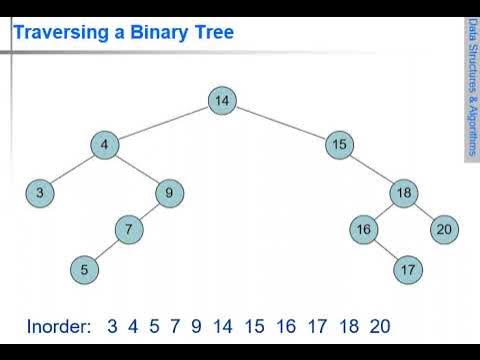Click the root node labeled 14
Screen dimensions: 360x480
[222, 100]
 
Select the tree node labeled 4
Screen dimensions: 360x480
[104, 145]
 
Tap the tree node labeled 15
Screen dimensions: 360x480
[339, 145]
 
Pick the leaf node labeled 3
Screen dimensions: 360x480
[39, 193]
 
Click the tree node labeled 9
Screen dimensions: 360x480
[170, 193]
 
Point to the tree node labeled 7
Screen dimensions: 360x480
[128, 229]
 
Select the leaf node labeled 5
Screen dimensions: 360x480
[85, 268]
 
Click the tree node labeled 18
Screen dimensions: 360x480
[404, 193]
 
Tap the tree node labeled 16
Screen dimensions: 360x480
[364, 229]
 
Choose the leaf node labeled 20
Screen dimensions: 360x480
[444, 229]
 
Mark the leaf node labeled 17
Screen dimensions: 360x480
[406, 268]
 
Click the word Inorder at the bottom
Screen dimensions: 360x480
[58, 325]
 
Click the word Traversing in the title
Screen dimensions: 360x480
[60, 33]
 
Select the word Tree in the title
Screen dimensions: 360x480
[214, 33]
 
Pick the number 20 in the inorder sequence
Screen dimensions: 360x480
[378, 325]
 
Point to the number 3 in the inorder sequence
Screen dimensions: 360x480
[113, 325]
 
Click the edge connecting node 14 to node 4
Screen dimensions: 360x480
[163, 122]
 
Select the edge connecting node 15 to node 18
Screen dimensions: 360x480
[372, 169]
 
